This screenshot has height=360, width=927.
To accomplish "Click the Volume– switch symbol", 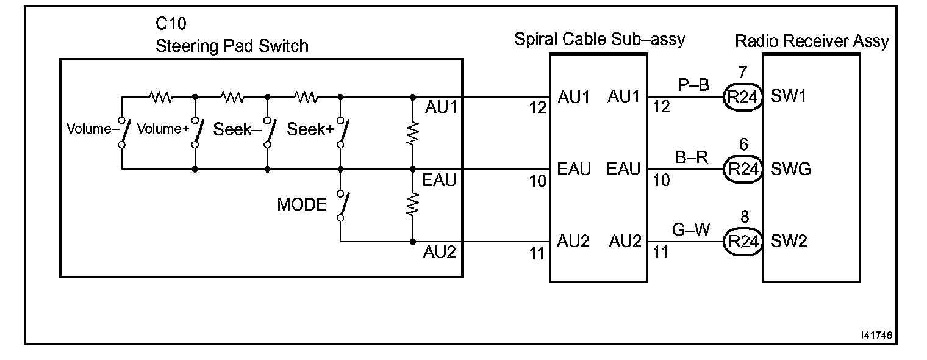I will click(x=123, y=132).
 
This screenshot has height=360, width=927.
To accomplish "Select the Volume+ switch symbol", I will click(x=196, y=132).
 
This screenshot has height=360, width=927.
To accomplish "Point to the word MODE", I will click(x=302, y=205).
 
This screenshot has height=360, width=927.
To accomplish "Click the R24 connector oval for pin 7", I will click(x=742, y=97).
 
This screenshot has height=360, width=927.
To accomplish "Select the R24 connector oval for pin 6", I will click(x=742, y=169).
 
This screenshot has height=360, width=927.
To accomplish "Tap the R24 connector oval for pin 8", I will click(x=742, y=242).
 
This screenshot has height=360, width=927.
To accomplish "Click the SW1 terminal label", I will click(x=789, y=97).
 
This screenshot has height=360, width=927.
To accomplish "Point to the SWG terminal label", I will click(x=791, y=169).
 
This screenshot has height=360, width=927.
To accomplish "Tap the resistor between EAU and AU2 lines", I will click(x=413, y=205).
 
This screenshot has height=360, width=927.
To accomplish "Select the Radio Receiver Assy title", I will click(x=812, y=41).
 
